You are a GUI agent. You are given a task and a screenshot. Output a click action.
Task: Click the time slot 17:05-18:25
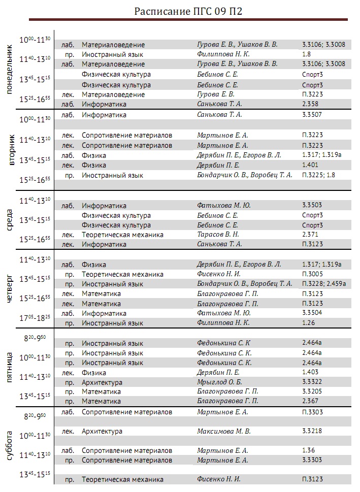(x=35, y=318)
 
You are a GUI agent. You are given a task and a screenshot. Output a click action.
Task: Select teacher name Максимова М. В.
(x=223, y=432)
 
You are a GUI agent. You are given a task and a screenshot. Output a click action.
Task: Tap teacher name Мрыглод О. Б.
(x=219, y=382)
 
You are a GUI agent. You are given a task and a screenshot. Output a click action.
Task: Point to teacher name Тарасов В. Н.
(x=218, y=235)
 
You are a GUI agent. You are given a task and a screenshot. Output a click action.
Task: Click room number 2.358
(x=310, y=104)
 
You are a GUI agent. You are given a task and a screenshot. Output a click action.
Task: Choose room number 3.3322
(x=312, y=382)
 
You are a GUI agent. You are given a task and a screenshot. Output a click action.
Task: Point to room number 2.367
(x=310, y=401)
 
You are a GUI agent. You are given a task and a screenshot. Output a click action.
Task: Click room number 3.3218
(x=312, y=432)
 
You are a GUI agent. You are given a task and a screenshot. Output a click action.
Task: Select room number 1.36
(x=308, y=450)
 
